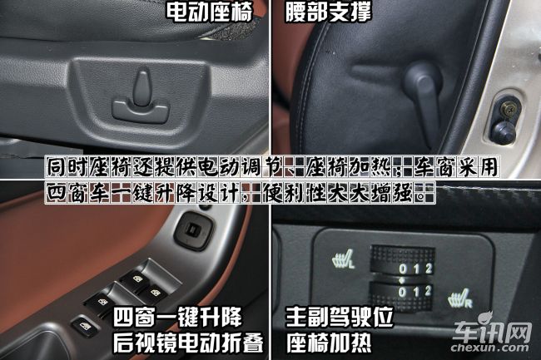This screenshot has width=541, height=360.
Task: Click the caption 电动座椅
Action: tap(209, 12)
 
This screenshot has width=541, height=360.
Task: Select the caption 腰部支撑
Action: tap(329, 12)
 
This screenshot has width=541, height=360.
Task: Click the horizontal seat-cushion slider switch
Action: tap(141, 111)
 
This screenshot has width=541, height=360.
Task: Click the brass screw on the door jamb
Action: tap(507, 109)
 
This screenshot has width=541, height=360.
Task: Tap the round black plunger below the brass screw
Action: tap(504, 133)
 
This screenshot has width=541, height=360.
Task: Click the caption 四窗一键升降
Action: tap(178, 317)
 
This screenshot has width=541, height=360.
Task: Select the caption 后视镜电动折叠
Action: tap(188, 342)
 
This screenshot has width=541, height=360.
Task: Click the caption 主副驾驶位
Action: tap(340, 317)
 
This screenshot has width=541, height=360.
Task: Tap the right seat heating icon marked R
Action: tap(460, 299)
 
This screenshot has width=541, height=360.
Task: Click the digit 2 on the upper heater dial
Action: tap(429, 268)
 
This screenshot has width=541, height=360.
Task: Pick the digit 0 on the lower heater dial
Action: tap(402, 293)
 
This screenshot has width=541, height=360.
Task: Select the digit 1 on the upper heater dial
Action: tap(416, 269)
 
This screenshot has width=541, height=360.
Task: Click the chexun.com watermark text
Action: tap(490, 348)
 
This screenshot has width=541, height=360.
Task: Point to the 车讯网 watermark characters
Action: tap(492, 331)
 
